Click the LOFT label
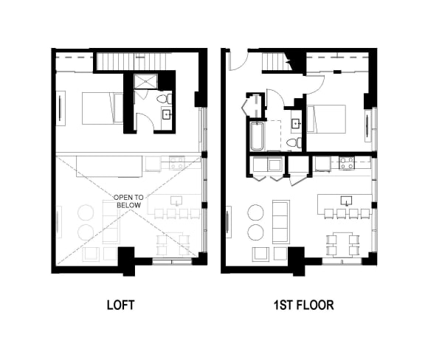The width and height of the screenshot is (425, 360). [x=120, y=305]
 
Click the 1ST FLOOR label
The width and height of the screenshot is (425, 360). [x=303, y=305]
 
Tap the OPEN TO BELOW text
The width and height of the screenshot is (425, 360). [x=128, y=201]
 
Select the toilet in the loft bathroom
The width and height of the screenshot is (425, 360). [x=165, y=99]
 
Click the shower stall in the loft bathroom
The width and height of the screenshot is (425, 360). [x=146, y=81]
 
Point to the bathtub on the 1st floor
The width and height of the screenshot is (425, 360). [x=257, y=136]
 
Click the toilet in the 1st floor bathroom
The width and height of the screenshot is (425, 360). [x=294, y=143]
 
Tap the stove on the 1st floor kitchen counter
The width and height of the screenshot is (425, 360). [x=347, y=163]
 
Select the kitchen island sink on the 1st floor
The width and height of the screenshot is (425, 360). [x=346, y=201]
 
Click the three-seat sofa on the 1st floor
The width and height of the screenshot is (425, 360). [x=281, y=222]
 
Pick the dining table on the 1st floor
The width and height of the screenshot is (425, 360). [x=343, y=243]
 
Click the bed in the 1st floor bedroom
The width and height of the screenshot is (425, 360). [x=326, y=119]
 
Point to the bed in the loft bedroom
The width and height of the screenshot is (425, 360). [x=103, y=108]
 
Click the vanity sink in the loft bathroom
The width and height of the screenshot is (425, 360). [x=167, y=115]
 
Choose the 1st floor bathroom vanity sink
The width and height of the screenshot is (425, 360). [x=296, y=123]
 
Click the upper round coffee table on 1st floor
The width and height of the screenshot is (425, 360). [x=255, y=212]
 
